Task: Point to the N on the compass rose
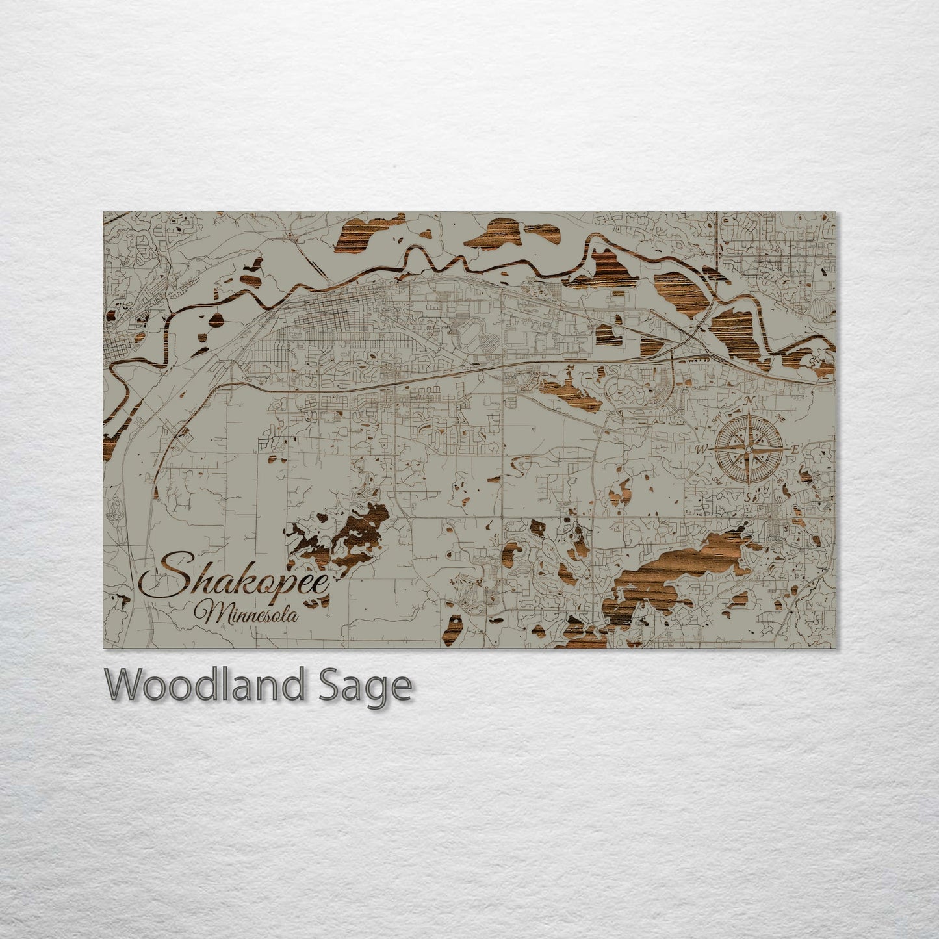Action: tap(749, 401)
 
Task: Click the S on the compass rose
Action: tap(748, 497)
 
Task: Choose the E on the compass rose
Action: tap(796, 449)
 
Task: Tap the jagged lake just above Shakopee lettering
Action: tap(344, 533)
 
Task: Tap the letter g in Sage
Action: tap(375, 689)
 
